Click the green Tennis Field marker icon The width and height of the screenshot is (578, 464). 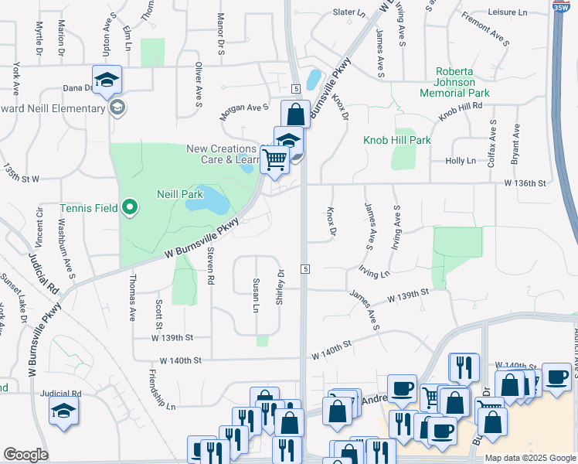130,206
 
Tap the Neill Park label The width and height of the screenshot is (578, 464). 180,195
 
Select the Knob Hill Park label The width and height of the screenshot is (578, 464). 397,140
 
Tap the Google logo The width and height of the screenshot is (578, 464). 25,455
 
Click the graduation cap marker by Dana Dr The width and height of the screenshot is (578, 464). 107,79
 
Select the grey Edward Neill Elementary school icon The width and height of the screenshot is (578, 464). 117,107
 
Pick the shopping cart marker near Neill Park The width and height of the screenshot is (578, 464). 275,159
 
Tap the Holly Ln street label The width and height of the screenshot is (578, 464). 461,161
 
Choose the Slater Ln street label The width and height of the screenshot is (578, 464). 348,12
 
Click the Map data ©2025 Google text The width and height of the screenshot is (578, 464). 530,458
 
